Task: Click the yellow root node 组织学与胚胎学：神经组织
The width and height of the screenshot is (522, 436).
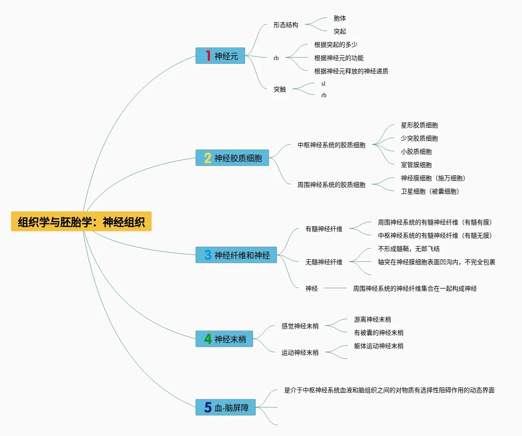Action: pyautogui.click(x=81, y=221)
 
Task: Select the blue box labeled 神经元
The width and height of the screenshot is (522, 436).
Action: pyautogui.click(x=220, y=56)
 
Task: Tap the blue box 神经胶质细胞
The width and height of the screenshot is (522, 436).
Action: pyautogui.click(x=232, y=158)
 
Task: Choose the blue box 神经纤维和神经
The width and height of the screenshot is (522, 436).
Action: pyautogui.click(x=236, y=255)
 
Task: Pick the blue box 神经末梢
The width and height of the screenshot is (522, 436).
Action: pyautogui.click(x=224, y=339)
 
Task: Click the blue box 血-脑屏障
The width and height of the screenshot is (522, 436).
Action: pyautogui.click(x=225, y=407)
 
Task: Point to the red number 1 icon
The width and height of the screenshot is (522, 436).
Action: pyautogui.click(x=208, y=56)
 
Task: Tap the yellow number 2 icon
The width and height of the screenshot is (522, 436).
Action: pyautogui.click(x=208, y=158)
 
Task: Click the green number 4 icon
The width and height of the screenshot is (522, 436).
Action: pyautogui.click(x=208, y=339)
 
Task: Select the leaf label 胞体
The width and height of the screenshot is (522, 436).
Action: pyautogui.click(x=340, y=19)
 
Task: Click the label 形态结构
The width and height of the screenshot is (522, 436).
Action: pyautogui.click(x=286, y=25)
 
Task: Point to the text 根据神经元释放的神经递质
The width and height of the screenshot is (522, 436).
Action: pyautogui.click(x=351, y=71)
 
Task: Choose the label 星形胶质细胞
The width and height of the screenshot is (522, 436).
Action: pyautogui.click(x=419, y=125)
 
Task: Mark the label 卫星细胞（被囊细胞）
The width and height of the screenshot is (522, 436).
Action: pyautogui.click(x=430, y=191)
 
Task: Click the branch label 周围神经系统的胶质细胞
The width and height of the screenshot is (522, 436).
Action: pyautogui.click(x=331, y=185)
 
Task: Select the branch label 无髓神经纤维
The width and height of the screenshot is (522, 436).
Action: pyautogui.click(x=324, y=262)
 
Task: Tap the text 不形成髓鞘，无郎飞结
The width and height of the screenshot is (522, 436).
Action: pyautogui.click(x=409, y=249)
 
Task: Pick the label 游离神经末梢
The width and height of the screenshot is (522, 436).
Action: pyautogui.click(x=373, y=319)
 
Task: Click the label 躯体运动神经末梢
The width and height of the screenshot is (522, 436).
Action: pyautogui.click(x=379, y=346)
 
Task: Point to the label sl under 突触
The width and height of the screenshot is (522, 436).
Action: pyautogui.click(x=324, y=83)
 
